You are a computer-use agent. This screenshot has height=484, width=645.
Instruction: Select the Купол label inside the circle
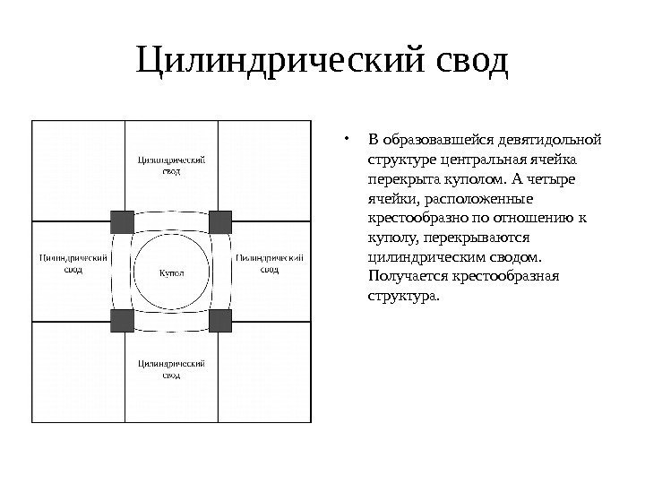(171, 272)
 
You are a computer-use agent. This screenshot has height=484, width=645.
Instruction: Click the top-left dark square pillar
(122, 221)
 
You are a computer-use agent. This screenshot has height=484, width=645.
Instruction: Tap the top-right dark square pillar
(220, 221)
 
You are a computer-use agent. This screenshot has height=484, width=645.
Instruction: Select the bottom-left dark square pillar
(122, 321)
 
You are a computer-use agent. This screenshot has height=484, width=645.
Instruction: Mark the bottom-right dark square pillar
(220, 321)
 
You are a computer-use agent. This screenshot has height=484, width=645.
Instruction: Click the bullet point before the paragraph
(346, 140)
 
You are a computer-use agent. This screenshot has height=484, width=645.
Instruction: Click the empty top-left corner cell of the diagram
(77, 170)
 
